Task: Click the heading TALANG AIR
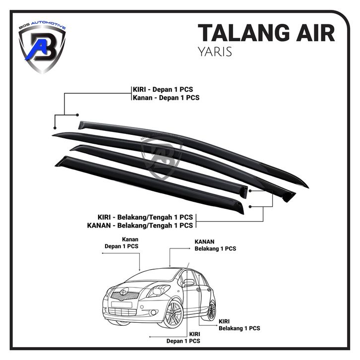266,33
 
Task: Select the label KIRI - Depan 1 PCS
163,89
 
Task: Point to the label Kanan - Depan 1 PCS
166,98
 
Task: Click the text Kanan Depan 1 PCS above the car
121,242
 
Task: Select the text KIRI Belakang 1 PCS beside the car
240,325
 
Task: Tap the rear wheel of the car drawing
212,310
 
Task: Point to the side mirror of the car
189,283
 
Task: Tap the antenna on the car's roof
189,264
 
